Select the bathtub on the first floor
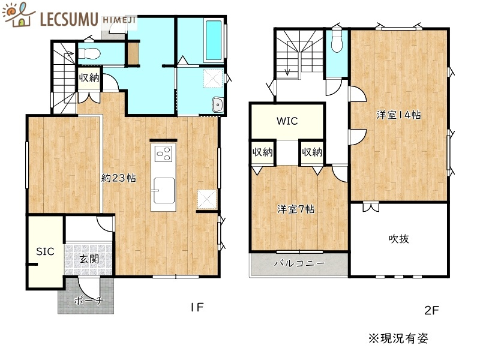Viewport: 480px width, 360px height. pos(213,41)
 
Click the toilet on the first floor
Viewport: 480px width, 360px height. pos(90,53)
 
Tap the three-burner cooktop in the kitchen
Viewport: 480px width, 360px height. pos(164,154)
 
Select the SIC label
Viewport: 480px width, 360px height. pos(45,251)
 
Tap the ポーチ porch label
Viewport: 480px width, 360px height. pos(88,301)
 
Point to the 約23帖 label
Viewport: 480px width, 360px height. pos(118,178)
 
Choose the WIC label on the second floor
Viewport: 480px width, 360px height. pos(287,121)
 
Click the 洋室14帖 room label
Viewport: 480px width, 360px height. pos(398,114)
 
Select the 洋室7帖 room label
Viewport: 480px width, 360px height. pos(296,209)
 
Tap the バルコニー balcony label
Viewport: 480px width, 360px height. pos(299,263)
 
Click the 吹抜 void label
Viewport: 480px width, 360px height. pos(398,238)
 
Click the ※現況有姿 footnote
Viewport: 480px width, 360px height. pos(398,338)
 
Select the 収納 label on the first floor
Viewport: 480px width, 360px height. pos(89,77)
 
